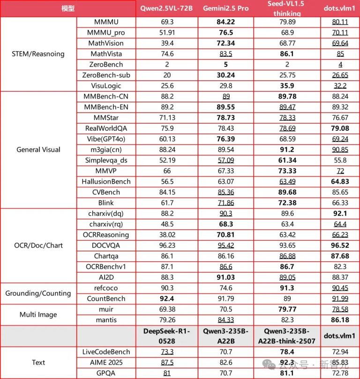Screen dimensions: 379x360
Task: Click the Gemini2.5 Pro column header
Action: [225, 8]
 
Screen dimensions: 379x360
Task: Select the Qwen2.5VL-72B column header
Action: [167, 8]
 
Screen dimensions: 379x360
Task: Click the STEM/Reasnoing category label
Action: [37, 54]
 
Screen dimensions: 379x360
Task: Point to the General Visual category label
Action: [37, 149]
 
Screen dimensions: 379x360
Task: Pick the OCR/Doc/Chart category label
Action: [37, 245]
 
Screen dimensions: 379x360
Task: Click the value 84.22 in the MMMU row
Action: [225, 22]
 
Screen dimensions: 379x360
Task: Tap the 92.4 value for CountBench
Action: [167, 298]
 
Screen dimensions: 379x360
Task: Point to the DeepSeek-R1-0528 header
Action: [167, 336]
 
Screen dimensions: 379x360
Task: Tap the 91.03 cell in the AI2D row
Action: [225, 277]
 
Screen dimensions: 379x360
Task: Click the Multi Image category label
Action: [37, 315]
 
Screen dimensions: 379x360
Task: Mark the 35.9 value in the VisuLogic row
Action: [287, 86]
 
